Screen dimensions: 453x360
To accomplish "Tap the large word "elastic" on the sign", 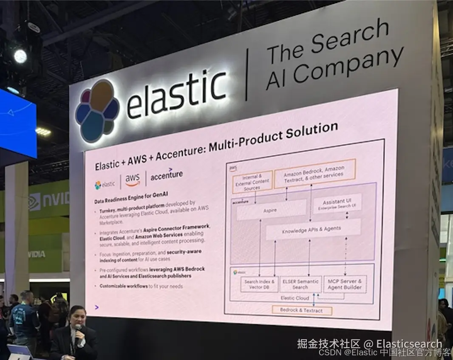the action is click(x=176, y=94).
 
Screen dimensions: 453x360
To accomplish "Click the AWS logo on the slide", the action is click(x=133, y=180).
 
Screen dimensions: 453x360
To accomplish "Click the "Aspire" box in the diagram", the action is click(x=270, y=210).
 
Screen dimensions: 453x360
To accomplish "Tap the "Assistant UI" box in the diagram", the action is click(x=337, y=203).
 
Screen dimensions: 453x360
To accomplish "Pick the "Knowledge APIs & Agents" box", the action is click(x=312, y=229).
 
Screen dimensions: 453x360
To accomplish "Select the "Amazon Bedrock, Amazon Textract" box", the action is click(x=314, y=174).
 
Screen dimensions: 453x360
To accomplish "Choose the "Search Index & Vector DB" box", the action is click(x=260, y=284).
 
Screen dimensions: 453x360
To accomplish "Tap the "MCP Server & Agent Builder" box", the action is click(x=345, y=284).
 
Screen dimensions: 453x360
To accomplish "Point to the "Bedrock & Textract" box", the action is click(x=301, y=310).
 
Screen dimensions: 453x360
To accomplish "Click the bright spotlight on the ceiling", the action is click(x=20, y=56).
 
